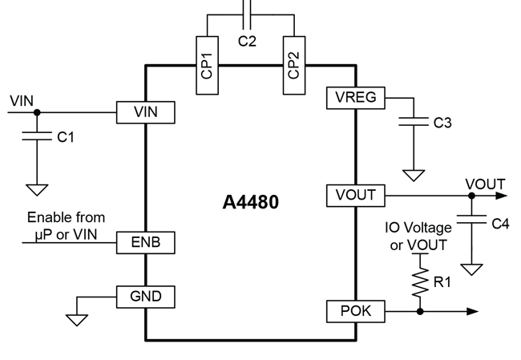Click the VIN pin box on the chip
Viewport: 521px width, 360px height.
coord(145,112)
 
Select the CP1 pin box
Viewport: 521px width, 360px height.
coord(206,64)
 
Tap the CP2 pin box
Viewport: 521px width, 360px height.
coord(293,64)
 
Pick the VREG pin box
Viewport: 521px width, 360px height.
coord(356,98)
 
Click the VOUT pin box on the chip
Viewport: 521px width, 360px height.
coord(356,194)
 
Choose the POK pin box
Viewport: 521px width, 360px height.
coord(356,310)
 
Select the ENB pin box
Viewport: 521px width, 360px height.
coord(145,241)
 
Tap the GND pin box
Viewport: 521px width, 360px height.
coord(145,297)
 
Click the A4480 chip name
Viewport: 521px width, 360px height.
coord(250,202)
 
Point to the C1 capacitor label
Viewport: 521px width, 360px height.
coord(66,137)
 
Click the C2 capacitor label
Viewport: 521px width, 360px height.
coord(248,41)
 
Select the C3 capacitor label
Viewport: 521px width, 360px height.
coord(442,123)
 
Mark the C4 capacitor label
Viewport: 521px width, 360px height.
coord(499,224)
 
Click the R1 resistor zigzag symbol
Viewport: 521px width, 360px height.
coord(420,282)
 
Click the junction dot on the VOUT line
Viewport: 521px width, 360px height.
coord(471,194)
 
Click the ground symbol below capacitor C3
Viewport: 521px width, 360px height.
coord(414,175)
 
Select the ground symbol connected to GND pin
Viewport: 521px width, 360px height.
coord(77,319)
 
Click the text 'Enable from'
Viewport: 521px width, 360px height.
coord(66,217)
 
